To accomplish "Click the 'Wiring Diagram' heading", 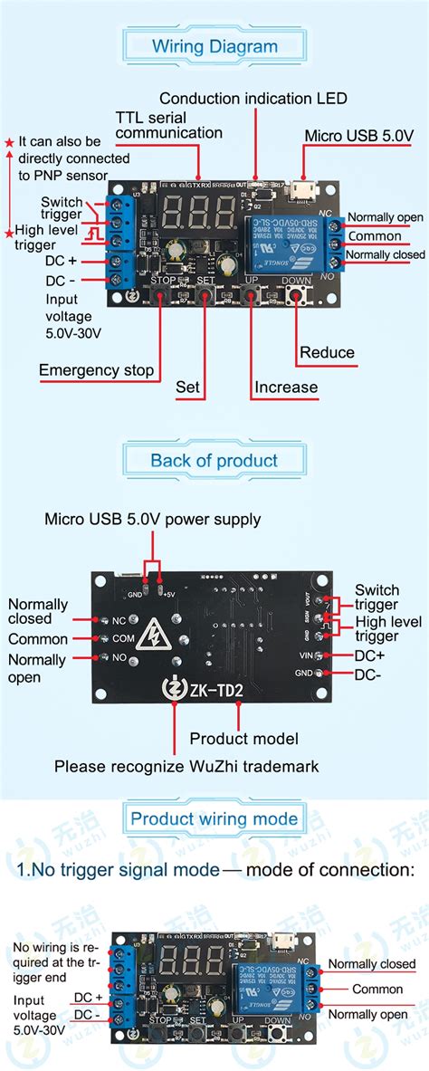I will [x=214, y=46].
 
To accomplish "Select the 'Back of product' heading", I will [x=214, y=460].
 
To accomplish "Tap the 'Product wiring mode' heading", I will [x=214, y=819].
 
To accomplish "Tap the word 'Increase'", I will [x=286, y=387].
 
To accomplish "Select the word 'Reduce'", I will [x=327, y=352].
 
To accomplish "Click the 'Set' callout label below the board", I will [x=187, y=387].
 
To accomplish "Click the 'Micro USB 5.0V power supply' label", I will [x=153, y=519].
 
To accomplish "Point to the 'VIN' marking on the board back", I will [x=303, y=655].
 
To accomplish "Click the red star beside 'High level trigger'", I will [x=9, y=234].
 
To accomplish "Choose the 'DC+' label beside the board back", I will [x=368, y=655].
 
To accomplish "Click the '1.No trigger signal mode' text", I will [x=119, y=870].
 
